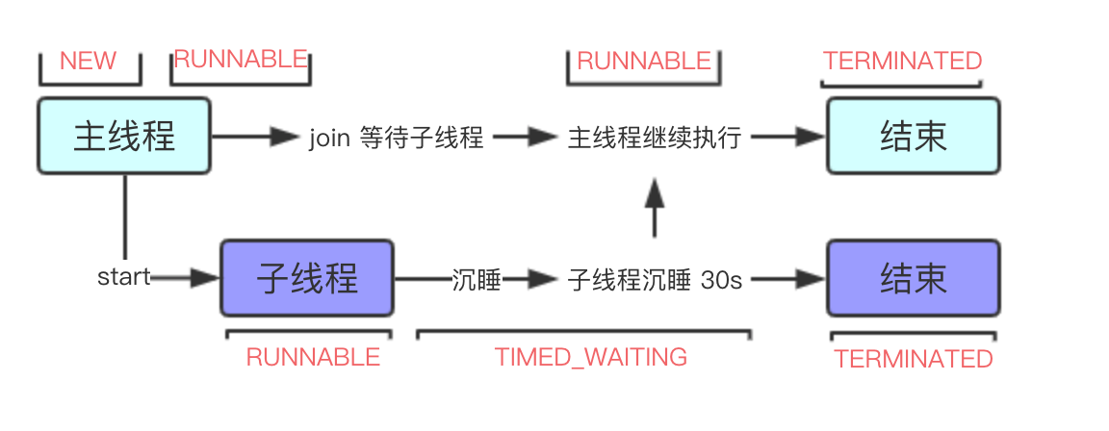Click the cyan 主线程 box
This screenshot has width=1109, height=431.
[x=124, y=136]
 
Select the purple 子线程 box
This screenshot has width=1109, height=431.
[x=307, y=279]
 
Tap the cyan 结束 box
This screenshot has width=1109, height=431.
[x=913, y=136]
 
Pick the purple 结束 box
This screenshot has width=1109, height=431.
[x=913, y=279]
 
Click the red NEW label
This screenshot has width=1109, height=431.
[x=88, y=61]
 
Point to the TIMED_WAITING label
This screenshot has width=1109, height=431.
[x=591, y=358]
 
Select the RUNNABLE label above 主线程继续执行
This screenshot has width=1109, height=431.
[x=644, y=61]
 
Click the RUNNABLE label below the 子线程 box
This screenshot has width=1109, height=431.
[x=313, y=358]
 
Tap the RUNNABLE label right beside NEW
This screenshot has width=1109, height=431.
[x=241, y=59]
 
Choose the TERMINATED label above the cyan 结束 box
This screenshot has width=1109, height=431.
[x=902, y=61]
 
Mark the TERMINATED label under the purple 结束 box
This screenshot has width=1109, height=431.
[x=913, y=359]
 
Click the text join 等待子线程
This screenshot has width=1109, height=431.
[x=396, y=138]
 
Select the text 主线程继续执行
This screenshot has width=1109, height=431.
[x=655, y=138]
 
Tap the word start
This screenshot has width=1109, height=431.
[x=123, y=278]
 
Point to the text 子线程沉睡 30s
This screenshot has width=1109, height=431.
[x=655, y=280]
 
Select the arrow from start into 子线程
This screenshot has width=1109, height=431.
[x=188, y=278]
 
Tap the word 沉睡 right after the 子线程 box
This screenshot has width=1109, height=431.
[x=477, y=280]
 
